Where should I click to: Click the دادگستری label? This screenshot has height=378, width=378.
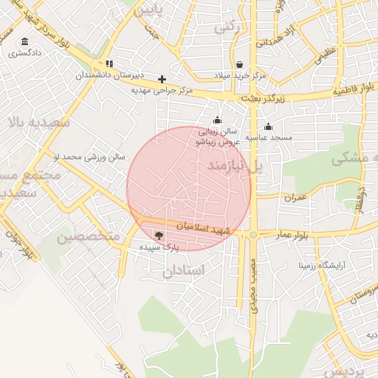tap(25, 54)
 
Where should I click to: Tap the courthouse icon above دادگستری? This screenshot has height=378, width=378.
tap(25, 41)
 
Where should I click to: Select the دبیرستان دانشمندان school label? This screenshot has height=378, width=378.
tap(110, 76)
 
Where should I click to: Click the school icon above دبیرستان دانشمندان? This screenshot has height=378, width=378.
tap(110, 64)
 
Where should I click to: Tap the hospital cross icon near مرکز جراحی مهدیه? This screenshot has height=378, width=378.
tap(162, 78)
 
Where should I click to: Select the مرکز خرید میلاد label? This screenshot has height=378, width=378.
tap(240, 76)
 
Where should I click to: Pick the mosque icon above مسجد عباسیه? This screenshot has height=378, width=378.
tap(268, 126)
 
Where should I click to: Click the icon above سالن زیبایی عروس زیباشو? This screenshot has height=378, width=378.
tap(217, 120)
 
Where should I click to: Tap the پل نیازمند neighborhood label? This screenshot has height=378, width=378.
tap(235, 168)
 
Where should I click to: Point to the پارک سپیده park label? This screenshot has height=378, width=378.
tap(157, 248)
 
